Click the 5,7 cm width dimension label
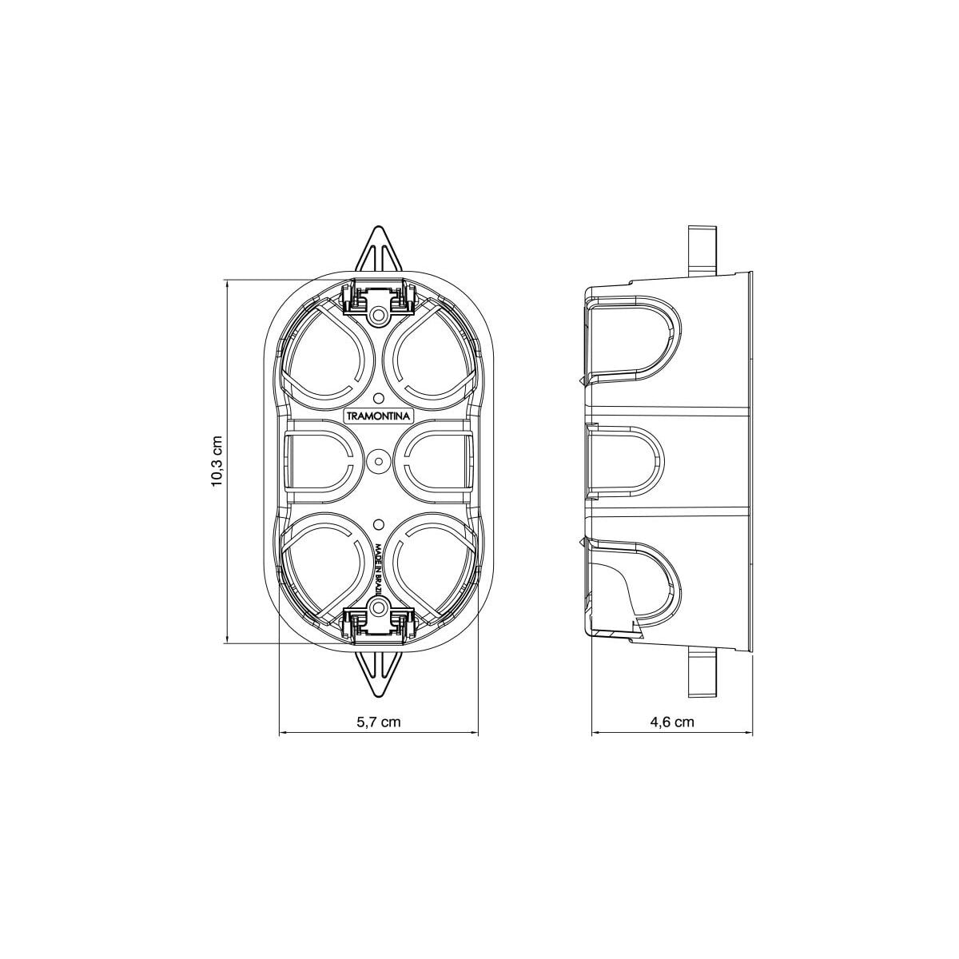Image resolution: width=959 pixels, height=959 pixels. click(378, 722)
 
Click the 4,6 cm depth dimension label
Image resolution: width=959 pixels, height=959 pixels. click(671, 722)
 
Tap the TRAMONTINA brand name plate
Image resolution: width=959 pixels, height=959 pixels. click(378, 416)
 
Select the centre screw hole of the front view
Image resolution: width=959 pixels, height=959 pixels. click(378, 461)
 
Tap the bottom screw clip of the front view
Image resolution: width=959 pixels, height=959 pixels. click(378, 622)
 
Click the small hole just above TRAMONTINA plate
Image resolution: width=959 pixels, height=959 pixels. click(378, 398)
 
